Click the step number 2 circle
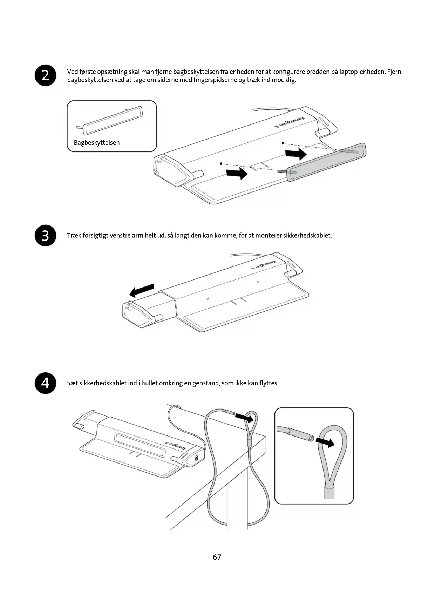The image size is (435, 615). coord(46,75)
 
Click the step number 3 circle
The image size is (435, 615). coord(46,236)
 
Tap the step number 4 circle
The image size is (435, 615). coord(46,383)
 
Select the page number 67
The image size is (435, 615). coord(217,557)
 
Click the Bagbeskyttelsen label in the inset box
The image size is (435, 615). coord(97,143)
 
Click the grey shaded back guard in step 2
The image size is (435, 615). coord(326,162)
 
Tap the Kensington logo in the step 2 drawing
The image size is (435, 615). coord(290,122)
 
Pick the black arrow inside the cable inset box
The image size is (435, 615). coord(325,442)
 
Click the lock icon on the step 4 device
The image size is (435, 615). coord(196,458)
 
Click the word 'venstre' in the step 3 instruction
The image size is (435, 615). coord(120,235)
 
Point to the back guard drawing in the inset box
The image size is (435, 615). coord(113,120)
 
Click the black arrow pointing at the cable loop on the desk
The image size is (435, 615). coord(244,417)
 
